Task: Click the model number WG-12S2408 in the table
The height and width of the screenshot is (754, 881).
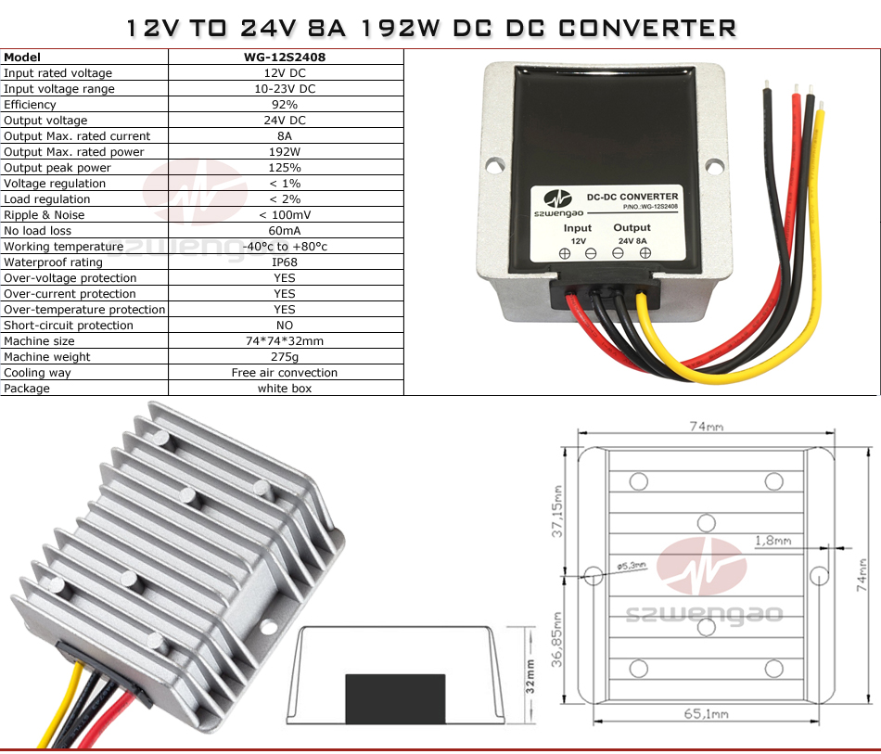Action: point(285,58)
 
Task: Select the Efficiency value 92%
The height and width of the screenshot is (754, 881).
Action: point(285,105)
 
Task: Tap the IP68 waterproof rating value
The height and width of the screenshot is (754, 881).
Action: point(285,262)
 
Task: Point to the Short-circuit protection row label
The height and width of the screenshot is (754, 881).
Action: point(69,326)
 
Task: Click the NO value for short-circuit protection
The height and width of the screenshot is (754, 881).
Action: point(285,326)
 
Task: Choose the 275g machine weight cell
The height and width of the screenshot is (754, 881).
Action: point(285,357)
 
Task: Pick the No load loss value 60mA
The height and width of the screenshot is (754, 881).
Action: point(285,231)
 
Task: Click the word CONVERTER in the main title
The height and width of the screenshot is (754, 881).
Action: point(647,28)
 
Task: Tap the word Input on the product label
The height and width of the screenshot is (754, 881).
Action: point(578,228)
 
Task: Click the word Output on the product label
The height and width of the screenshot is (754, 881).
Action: point(632,227)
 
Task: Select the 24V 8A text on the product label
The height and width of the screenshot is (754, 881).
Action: point(632,241)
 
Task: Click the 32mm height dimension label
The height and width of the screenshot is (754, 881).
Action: point(530,676)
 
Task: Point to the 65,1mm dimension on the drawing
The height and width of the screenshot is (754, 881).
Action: point(707,714)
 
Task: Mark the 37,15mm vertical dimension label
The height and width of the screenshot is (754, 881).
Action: point(556,511)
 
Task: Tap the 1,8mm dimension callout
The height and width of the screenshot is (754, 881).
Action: point(773,541)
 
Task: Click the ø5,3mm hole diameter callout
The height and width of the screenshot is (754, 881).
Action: point(632,566)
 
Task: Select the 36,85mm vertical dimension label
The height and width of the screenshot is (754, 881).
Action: point(556,639)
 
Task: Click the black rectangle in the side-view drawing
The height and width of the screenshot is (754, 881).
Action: point(396,699)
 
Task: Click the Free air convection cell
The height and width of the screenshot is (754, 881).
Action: point(285,373)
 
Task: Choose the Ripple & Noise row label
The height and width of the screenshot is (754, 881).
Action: point(44,215)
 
